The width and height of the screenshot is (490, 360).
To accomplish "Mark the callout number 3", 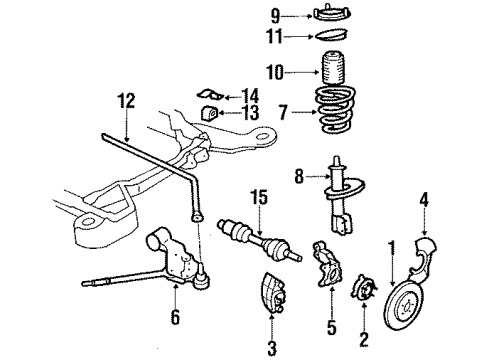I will click(269, 346).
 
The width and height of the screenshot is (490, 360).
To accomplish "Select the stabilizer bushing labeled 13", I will click(211, 111).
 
